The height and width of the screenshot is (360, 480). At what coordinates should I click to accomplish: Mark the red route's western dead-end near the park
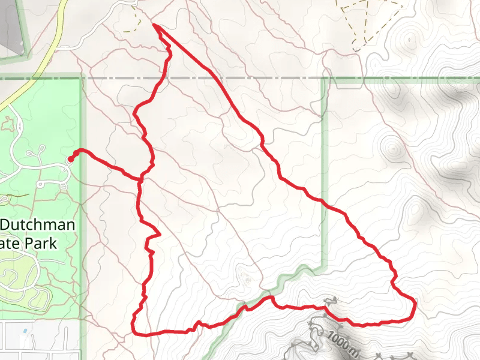(x=70, y=159)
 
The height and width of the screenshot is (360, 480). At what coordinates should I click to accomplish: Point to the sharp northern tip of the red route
(x=155, y=25)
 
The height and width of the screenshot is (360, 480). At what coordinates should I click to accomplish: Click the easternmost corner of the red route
(x=415, y=299)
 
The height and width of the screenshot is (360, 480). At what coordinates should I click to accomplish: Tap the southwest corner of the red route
(x=133, y=332)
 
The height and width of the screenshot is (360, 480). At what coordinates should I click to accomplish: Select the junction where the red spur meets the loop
(x=142, y=178)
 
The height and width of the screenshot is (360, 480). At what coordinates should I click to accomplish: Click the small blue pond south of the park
(x=23, y=331)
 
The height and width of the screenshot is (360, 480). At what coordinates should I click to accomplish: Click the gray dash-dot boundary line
(x=240, y=79)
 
